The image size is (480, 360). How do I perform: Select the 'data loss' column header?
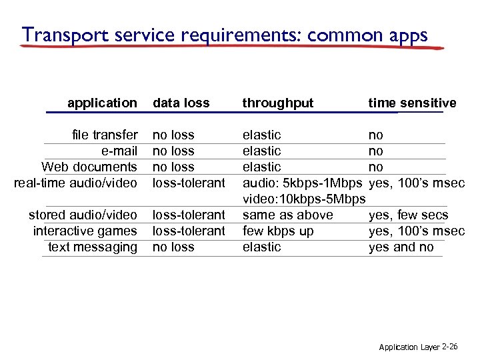tap(181, 103)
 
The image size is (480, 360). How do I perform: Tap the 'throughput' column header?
tap(278, 103)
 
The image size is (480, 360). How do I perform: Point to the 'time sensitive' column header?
tap(412, 103)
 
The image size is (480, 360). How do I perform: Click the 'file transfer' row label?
tap(105, 135)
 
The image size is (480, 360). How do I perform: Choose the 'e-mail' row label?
tap(119, 151)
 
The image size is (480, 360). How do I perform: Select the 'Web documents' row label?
tap(89, 167)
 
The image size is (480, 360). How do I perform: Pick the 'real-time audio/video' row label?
tap(75, 183)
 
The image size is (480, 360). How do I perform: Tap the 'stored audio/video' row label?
tap(83, 215)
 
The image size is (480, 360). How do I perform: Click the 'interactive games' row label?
tap(85, 231)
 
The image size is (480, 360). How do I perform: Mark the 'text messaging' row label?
tap(93, 247)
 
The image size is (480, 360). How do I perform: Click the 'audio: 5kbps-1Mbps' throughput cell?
tap(302, 183)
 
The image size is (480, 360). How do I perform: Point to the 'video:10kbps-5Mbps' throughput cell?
tap(303, 199)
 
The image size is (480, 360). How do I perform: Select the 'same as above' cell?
tap(287, 215)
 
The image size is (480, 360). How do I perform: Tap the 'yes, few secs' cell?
tap(408, 215)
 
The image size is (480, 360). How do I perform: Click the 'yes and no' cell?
tap(401, 247)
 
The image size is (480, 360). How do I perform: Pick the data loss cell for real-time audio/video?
tap(189, 183)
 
